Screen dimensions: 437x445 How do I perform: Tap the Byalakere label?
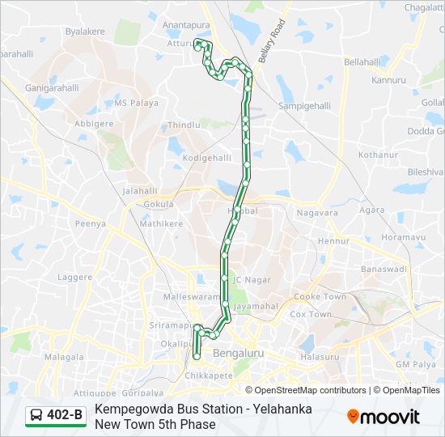(x=87, y=32)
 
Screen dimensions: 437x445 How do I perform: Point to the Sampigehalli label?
(x=305, y=106)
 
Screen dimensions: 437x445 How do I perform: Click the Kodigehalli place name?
(x=207, y=158)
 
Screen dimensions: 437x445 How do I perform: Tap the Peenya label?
(x=90, y=223)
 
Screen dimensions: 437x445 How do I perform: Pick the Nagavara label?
(x=317, y=213)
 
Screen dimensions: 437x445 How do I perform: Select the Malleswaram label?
(x=192, y=297)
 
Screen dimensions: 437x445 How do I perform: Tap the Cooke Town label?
(x=319, y=297)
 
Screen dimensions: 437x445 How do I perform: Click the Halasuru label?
(x=319, y=357)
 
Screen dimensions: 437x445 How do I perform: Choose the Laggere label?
(x=75, y=277)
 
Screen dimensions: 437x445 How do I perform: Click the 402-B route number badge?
(x=65, y=416)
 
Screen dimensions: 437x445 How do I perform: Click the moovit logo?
(x=384, y=417)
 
